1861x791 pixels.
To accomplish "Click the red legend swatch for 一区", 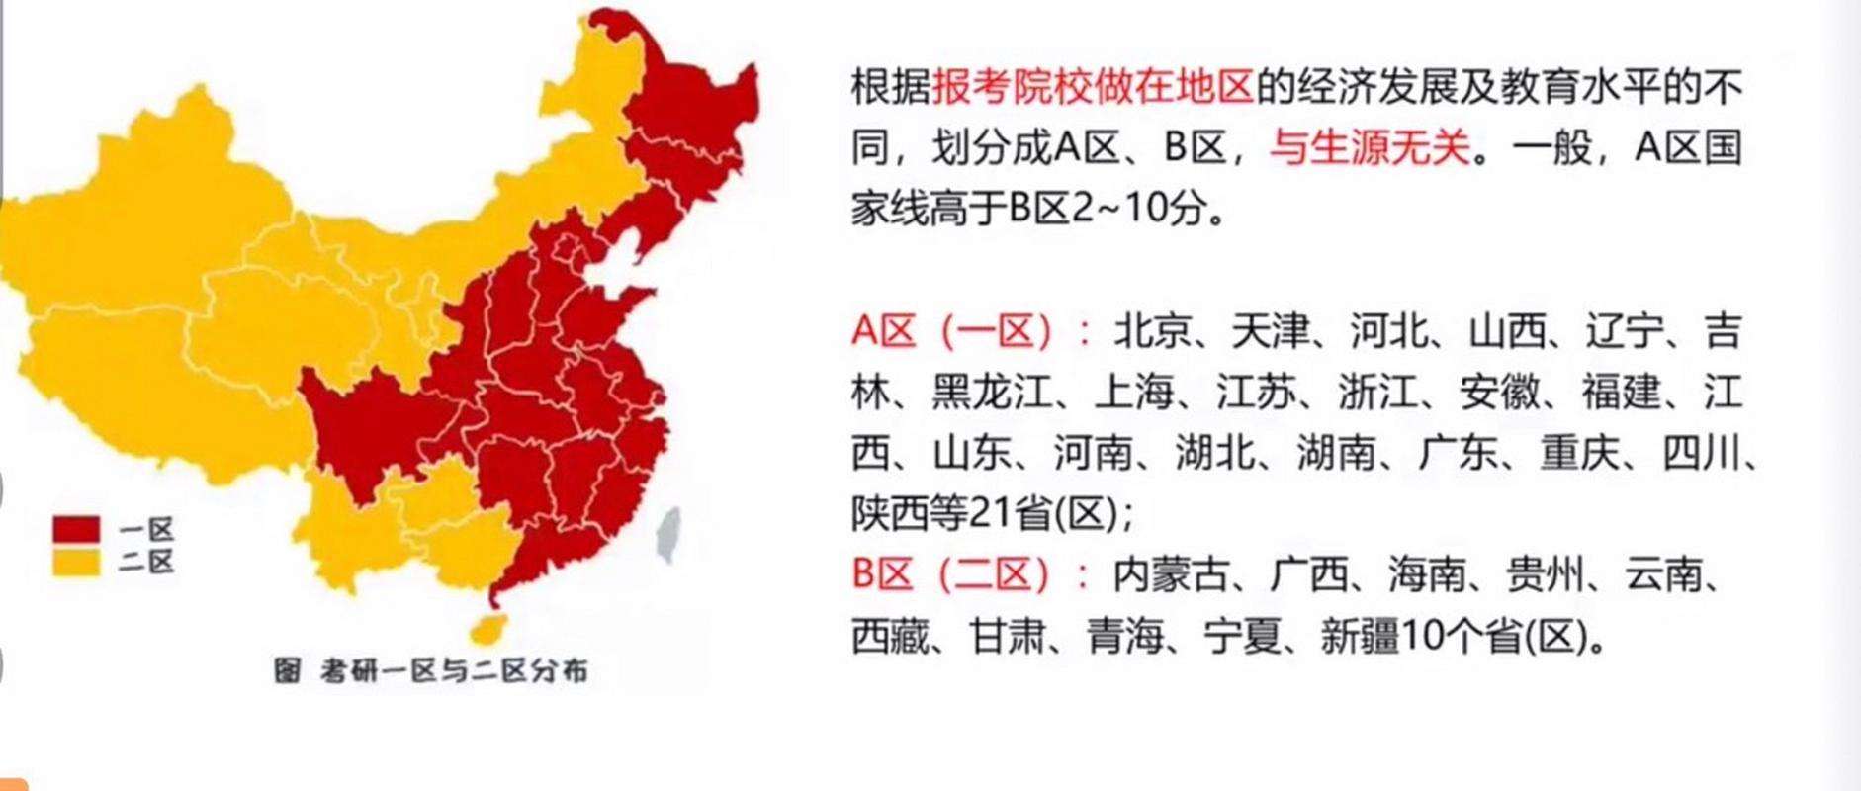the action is click(76, 530).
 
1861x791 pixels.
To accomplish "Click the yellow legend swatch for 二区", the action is click(76, 563).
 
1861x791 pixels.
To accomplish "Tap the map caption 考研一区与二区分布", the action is click(453, 671).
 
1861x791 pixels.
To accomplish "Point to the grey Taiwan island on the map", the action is click(669, 535).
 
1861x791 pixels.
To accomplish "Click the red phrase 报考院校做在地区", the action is click(1093, 87).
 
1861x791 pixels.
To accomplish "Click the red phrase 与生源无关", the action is click(1371, 148).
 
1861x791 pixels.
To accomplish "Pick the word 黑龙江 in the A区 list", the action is click(992, 393).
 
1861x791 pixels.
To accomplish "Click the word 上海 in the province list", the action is click(1134, 393).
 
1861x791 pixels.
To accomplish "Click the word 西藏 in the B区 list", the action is click(891, 636).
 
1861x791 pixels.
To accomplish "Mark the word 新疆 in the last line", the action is click(1360, 636).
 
